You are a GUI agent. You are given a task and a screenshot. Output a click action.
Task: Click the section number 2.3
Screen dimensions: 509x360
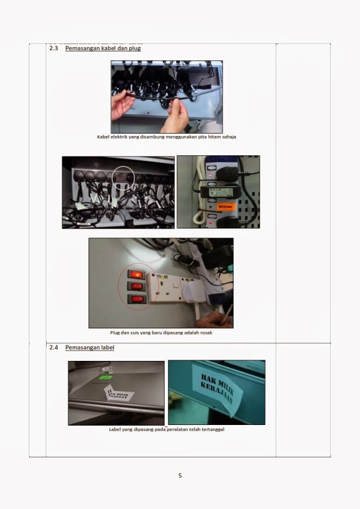(x=53, y=48)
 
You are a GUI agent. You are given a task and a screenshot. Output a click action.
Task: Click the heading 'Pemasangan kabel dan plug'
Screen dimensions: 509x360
(x=103, y=48)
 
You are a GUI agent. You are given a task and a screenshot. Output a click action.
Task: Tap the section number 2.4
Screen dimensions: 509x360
(x=53, y=348)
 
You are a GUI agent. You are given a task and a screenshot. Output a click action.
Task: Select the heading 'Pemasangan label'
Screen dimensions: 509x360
(x=90, y=348)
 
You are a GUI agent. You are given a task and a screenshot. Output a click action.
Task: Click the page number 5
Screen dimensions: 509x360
(x=180, y=475)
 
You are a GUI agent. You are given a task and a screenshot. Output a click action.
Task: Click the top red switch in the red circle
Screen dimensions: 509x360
(x=137, y=274)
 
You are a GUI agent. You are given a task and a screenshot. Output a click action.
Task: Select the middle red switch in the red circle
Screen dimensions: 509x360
(x=137, y=287)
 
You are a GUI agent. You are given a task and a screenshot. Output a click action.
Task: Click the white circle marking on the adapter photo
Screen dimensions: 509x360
(x=123, y=178)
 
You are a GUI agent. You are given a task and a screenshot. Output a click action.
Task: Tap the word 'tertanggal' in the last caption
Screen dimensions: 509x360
(x=211, y=430)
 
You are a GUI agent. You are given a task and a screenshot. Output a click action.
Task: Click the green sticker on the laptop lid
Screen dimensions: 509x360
(x=106, y=377)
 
